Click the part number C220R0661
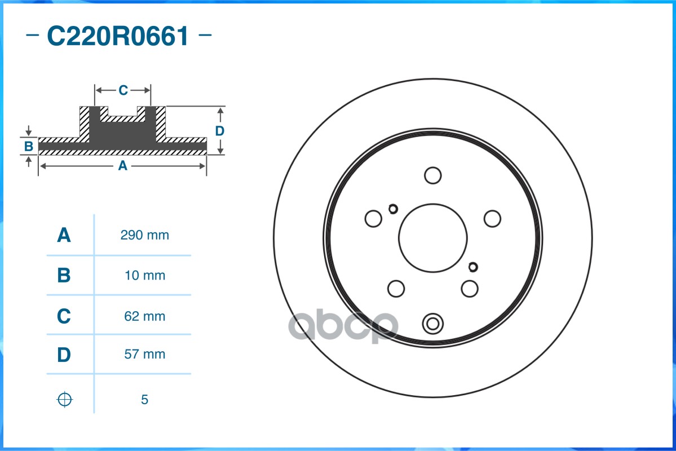click(118, 36)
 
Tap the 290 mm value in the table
click(144, 235)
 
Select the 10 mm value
click(144, 275)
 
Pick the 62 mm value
click(144, 316)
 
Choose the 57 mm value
click(144, 354)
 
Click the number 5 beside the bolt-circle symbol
click(144, 399)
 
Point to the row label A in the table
click(64, 235)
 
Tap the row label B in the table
click(64, 275)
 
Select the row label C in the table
click(64, 316)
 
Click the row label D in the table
click(64, 355)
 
